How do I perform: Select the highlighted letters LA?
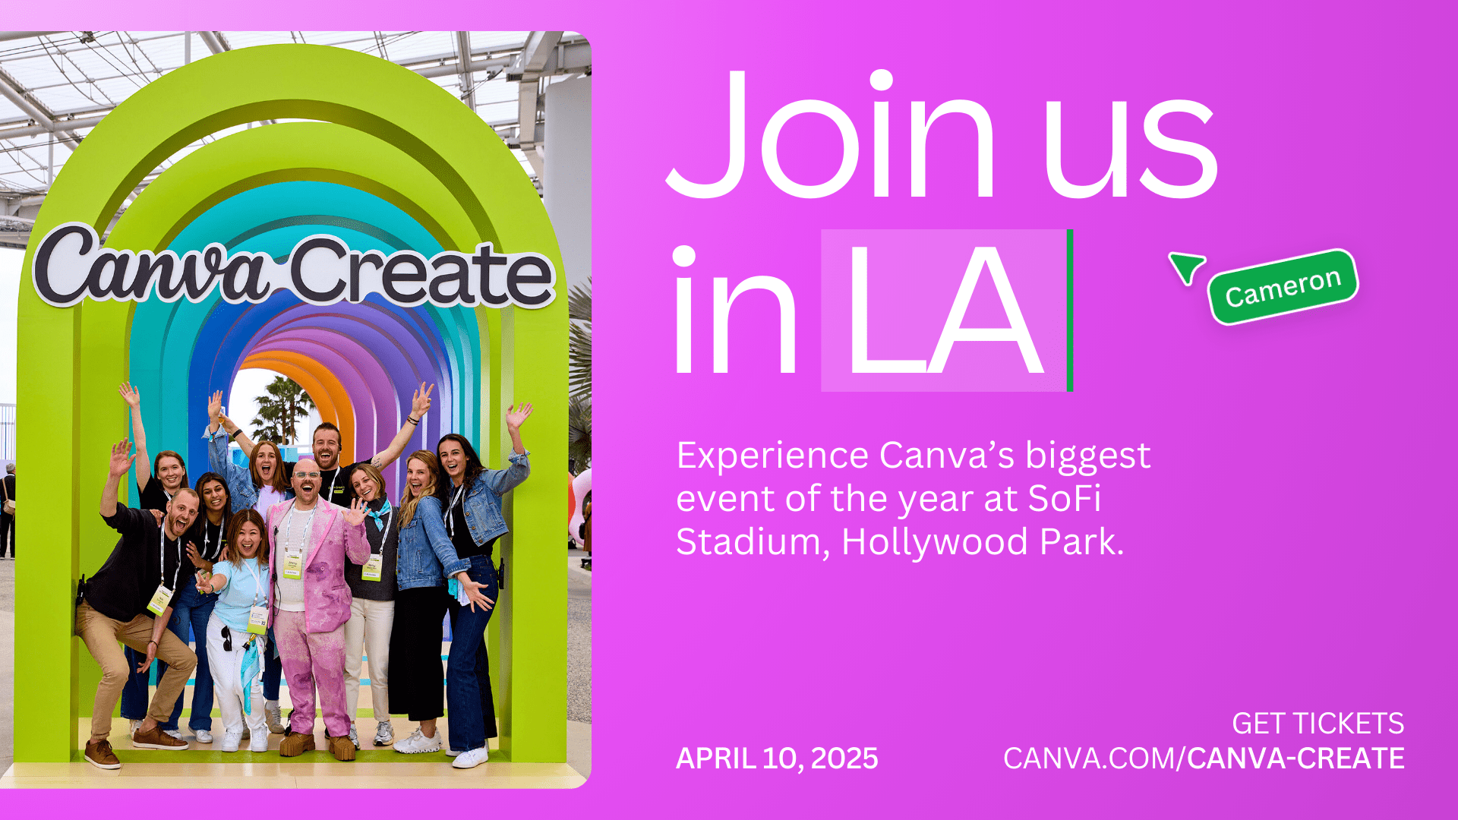pos(944,311)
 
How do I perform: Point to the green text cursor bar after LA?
pos(1070,311)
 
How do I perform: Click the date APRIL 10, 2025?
pos(777,758)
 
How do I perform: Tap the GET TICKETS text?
pos(1318,724)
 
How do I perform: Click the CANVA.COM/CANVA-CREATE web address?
pos(1204,758)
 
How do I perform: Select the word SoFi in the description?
pos(1064,499)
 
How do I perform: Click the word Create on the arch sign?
pos(421,273)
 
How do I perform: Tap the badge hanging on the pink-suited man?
pos(292,566)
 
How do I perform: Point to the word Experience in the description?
pos(772,456)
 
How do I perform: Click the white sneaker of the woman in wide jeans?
pos(470,756)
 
